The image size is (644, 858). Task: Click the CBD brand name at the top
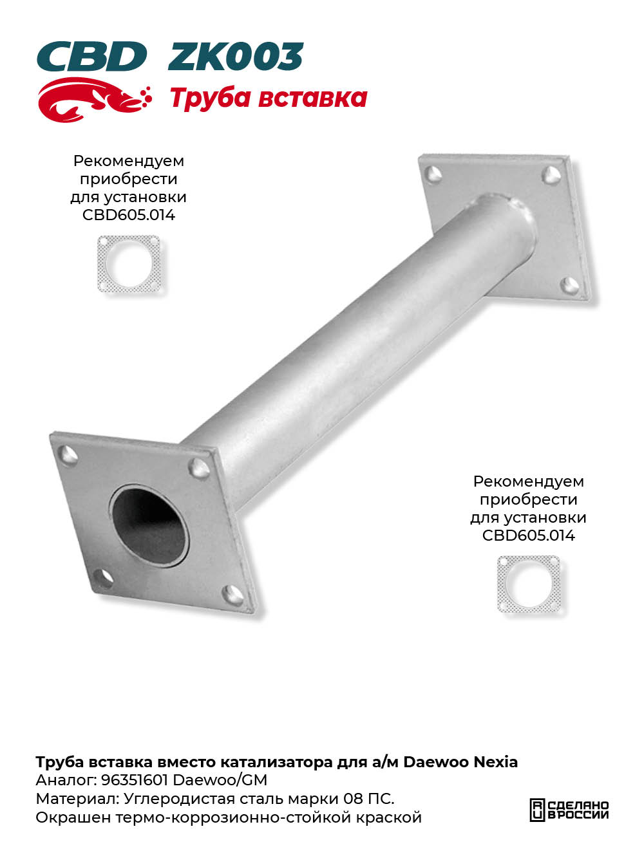click(x=92, y=57)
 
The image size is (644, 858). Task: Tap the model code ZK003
click(x=236, y=57)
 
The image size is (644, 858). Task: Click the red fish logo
click(x=94, y=100)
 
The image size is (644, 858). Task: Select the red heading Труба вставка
click(x=269, y=98)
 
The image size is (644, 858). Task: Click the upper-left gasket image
click(x=129, y=264)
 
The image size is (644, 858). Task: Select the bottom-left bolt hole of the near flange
click(x=103, y=578)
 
